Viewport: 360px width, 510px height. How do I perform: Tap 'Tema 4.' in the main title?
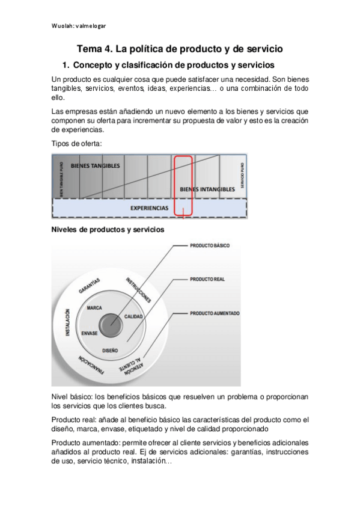point(96,49)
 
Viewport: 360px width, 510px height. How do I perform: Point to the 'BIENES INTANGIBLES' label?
point(207,189)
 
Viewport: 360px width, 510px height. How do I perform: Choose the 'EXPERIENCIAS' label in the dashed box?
point(149,208)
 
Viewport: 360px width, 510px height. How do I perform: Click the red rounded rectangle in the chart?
point(183,185)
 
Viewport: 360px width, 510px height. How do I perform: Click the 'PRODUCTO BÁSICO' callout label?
point(209,245)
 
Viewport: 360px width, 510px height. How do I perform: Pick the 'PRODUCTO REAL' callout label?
point(207,280)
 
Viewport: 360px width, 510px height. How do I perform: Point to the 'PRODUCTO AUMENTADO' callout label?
point(215,313)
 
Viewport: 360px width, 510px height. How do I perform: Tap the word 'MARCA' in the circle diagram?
point(94,307)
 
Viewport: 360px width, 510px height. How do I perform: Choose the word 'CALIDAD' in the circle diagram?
point(133,316)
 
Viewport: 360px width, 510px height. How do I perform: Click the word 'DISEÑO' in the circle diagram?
point(111,349)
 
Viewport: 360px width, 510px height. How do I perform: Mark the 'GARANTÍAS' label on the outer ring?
point(89,286)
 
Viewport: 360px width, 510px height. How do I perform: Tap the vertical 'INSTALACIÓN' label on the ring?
point(68,323)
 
